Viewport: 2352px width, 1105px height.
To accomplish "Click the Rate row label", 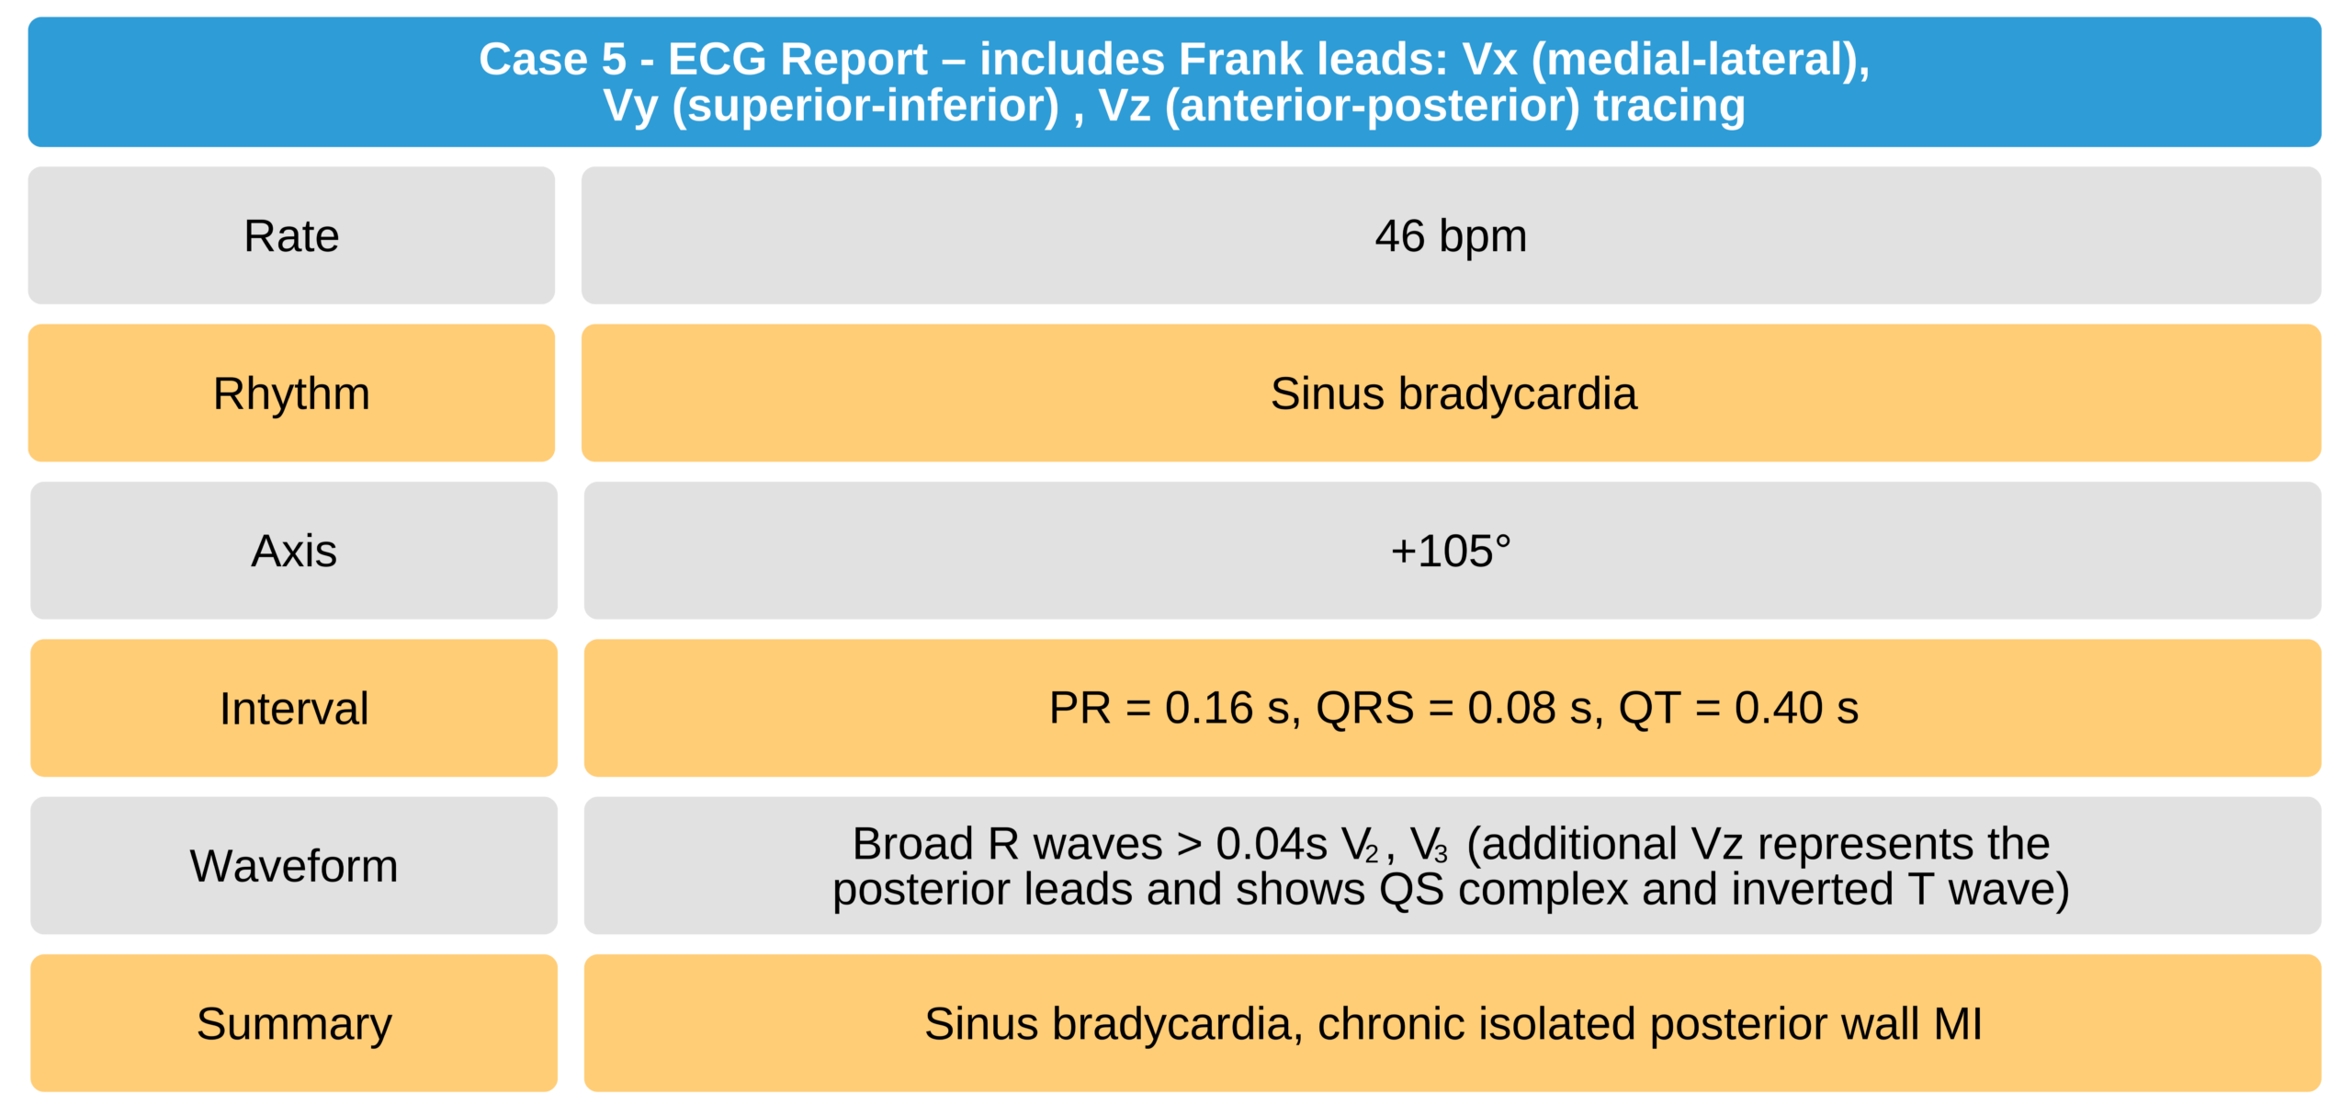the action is coord(291,236).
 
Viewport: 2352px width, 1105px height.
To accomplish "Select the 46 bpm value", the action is coord(1451,236).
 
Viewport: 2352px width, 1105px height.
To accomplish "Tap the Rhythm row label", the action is coord(291,393).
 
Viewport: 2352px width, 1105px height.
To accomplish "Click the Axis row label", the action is coord(294,551).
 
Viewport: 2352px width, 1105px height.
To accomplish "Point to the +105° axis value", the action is coord(1451,551).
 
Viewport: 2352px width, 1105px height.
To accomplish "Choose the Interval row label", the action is coord(294,708).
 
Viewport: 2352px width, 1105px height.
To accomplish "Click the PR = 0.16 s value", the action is coord(1174,709).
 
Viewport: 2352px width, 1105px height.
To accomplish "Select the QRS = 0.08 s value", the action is coord(1460,709).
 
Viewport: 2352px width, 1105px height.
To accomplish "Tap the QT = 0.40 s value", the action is coord(1738,708).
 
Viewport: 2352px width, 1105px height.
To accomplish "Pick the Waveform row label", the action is coord(294,866).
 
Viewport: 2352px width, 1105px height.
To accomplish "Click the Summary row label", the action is coord(294,1024).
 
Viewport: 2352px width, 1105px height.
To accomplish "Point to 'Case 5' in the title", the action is coord(552,60).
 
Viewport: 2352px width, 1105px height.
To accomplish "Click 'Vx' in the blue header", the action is coord(1489,60).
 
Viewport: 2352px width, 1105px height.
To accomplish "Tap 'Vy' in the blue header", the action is coord(631,106).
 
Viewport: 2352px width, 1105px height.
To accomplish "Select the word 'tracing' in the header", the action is coord(1669,106).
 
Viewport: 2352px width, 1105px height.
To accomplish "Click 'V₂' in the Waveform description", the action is coord(1360,845).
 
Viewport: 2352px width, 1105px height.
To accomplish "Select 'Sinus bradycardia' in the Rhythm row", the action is coord(1453,393).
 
